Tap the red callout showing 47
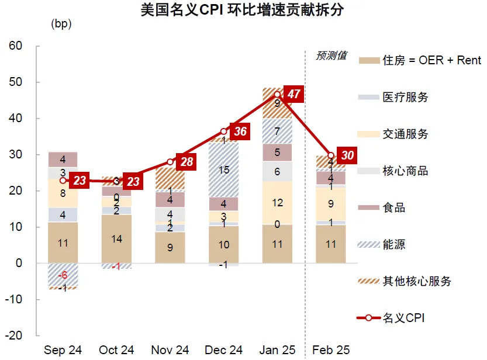[x=294, y=95]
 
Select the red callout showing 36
[x=240, y=131]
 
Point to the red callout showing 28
[x=186, y=162]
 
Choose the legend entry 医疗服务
[x=405, y=97]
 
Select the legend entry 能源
[x=395, y=244]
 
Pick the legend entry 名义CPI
[x=403, y=318]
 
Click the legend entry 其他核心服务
[x=416, y=281]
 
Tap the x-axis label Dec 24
[x=223, y=350]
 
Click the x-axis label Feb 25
[x=331, y=350]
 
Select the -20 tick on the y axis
[x=14, y=335]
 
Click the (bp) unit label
[x=61, y=24]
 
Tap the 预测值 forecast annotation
[x=331, y=56]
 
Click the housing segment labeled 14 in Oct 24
[x=116, y=238]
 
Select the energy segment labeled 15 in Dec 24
[x=223, y=169]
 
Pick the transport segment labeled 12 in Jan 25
[x=277, y=202]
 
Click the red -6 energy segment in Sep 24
[x=63, y=275]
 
